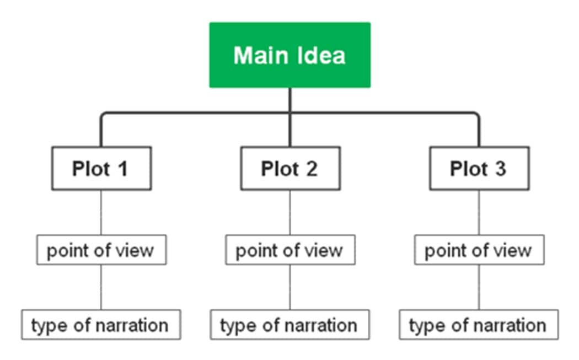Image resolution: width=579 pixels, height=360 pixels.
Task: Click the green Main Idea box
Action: pyautogui.click(x=289, y=55)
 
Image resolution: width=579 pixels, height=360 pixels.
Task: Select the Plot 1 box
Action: pyautogui.click(x=101, y=169)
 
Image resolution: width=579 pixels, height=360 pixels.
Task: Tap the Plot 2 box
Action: pyautogui.click(x=290, y=169)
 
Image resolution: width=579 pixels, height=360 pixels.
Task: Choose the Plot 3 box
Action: pyautogui.click(x=479, y=169)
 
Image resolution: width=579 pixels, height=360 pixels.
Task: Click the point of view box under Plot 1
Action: pyautogui.click(x=101, y=250)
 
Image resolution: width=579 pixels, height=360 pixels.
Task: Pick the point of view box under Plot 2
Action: pyautogui.click(x=290, y=250)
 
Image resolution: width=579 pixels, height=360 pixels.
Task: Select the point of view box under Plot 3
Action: pyautogui.click(x=479, y=250)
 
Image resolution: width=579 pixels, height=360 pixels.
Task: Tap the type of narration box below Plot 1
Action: pyautogui.click(x=101, y=325)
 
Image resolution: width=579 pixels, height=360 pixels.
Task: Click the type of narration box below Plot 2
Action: pyautogui.click(x=290, y=325)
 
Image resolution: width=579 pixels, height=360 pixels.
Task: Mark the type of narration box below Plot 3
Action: pyautogui.click(x=479, y=325)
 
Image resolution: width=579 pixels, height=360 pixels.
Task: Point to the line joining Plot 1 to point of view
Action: pyautogui.click(x=101, y=213)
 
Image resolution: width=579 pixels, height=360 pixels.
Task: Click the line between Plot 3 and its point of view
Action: pyautogui.click(x=479, y=213)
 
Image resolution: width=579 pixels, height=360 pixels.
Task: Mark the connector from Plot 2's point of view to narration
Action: pyautogui.click(x=290, y=287)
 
